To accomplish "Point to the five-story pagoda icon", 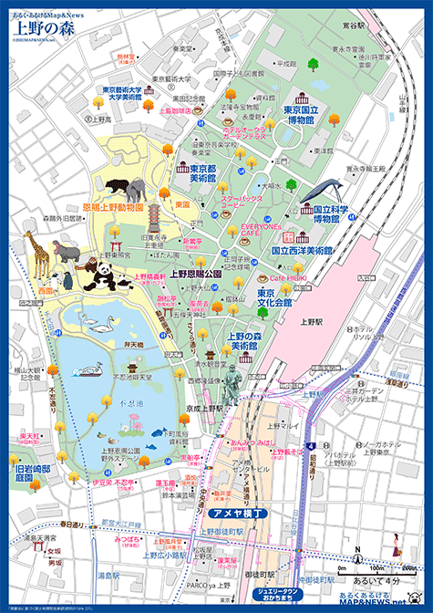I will point(155,217).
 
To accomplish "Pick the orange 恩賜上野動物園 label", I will point(113,207).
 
